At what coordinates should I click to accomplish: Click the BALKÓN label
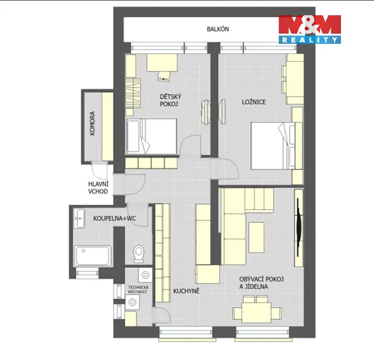[x=218, y=29]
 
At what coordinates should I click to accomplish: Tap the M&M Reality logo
[x=310, y=29]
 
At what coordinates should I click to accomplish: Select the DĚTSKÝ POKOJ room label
[x=171, y=100]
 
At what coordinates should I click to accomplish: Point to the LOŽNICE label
[x=254, y=102]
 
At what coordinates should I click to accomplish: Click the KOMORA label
[x=92, y=123]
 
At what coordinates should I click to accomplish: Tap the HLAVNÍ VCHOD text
[x=98, y=187]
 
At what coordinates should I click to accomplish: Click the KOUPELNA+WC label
[x=114, y=218]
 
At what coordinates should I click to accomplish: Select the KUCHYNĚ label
[x=186, y=291]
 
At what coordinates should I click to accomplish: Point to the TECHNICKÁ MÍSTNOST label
[x=138, y=290]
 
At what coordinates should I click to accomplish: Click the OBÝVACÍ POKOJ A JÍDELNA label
[x=262, y=283]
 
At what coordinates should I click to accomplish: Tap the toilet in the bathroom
[x=138, y=253]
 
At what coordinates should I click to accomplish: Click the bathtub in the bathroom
[x=93, y=256]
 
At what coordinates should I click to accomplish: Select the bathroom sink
[x=79, y=218]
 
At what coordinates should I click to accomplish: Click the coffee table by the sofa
[x=257, y=237]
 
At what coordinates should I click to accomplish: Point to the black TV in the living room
[x=299, y=227]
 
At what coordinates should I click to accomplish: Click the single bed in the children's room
[x=152, y=137]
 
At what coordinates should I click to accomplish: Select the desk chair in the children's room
[x=164, y=76]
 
